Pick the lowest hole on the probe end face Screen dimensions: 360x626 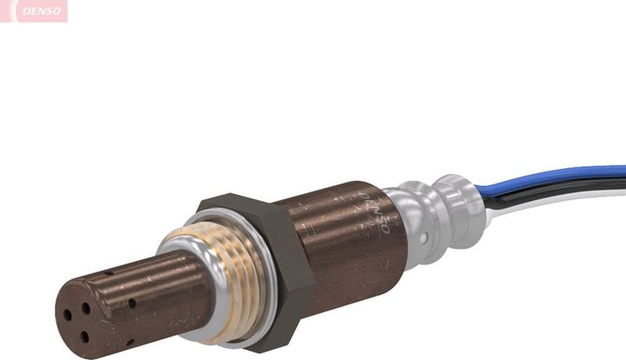(x=85, y=337)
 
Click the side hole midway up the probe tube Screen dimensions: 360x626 (x=131, y=303)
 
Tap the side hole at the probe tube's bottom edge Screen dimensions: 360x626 (x=130, y=342)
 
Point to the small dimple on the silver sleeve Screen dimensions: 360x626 (x=423, y=236)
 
